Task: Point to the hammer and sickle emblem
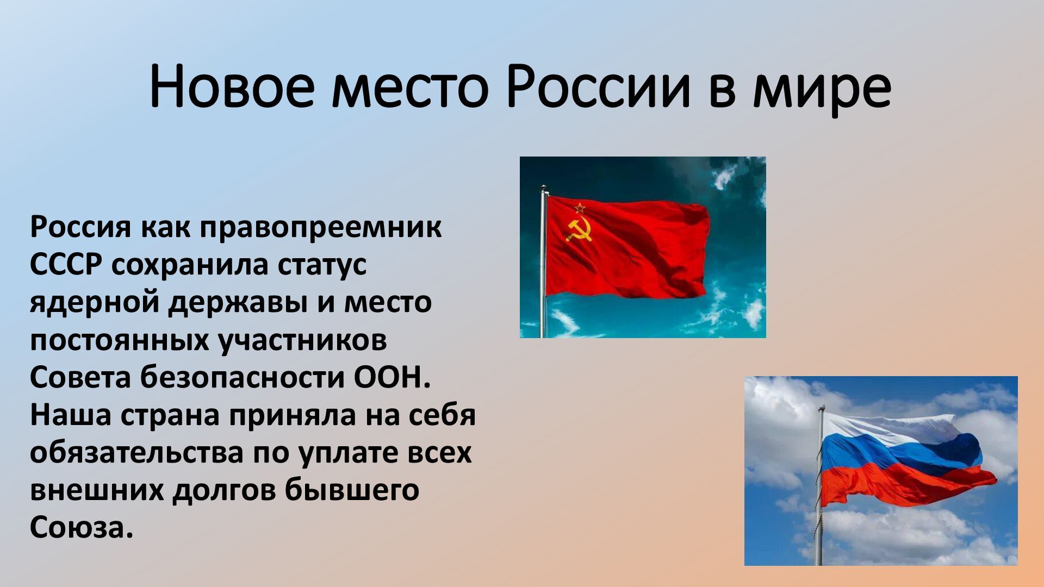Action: click(x=579, y=231)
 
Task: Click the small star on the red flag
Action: click(x=580, y=208)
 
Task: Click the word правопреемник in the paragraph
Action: click(x=321, y=227)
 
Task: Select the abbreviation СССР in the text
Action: click(x=66, y=265)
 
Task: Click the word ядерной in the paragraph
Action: click(x=95, y=303)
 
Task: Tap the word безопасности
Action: click(x=243, y=378)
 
